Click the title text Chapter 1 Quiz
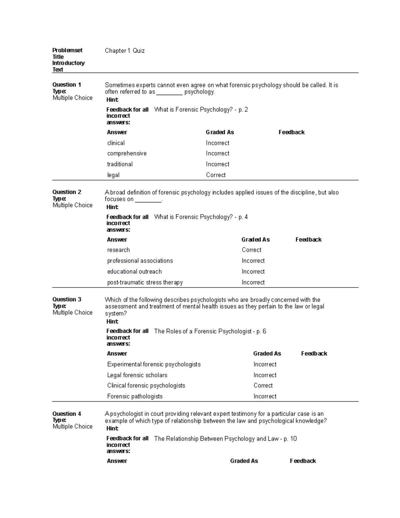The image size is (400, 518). [x=125, y=51]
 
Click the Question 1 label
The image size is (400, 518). [x=67, y=85]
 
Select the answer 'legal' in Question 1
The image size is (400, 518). [x=113, y=175]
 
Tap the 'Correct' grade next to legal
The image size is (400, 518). [x=216, y=175]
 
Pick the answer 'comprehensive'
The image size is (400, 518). [x=127, y=153]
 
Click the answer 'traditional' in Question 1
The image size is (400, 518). [x=120, y=164]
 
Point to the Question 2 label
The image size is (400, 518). [x=67, y=192]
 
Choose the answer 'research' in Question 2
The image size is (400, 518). [x=118, y=250]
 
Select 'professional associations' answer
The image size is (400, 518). [x=140, y=261]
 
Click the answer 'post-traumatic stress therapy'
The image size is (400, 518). [x=145, y=283]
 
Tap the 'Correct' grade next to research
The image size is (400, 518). [x=251, y=250]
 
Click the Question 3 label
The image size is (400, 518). [x=67, y=300]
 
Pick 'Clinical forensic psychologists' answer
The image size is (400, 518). [x=146, y=386]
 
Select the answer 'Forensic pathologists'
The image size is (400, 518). [x=135, y=396]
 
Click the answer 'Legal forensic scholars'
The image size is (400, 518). [x=137, y=375]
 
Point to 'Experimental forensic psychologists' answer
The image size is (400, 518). [x=154, y=364]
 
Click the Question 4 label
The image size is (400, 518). [x=67, y=414]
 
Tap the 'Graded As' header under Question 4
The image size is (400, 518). [x=244, y=461]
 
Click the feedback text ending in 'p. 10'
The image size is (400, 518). [x=225, y=439]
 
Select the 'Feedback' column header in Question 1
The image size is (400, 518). [x=291, y=132]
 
